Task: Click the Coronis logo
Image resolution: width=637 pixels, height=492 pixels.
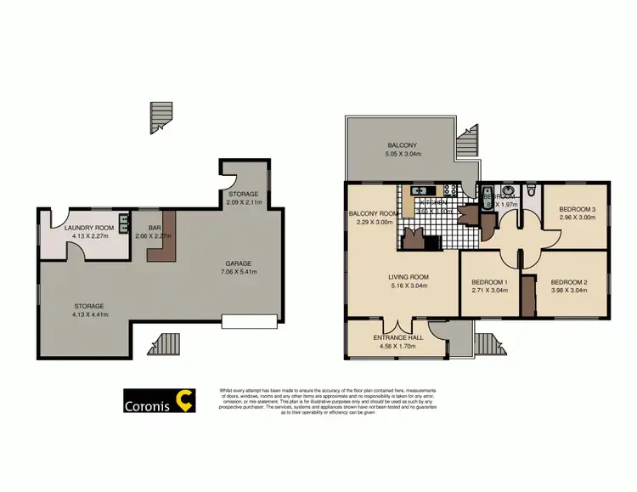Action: (x=160, y=400)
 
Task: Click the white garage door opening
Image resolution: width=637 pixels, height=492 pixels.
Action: (x=249, y=321)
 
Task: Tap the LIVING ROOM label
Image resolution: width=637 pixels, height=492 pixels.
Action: (x=408, y=277)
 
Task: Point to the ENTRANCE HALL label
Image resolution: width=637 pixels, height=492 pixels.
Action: (x=397, y=337)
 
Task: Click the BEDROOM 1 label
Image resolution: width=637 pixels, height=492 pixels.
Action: (x=489, y=282)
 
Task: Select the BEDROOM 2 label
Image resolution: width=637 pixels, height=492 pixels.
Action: (x=569, y=282)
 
